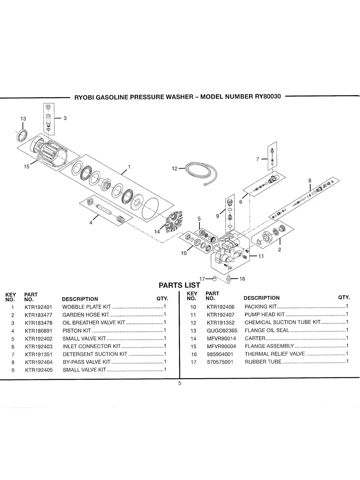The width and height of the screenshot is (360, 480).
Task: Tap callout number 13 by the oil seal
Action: [23, 119]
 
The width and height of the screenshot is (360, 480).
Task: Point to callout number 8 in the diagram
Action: [310, 180]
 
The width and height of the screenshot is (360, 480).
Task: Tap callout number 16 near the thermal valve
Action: [242, 279]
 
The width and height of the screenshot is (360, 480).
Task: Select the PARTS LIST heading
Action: [179, 285]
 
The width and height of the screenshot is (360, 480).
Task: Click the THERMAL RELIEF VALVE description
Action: [275, 354]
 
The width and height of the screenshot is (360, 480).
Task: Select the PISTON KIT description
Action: [77, 331]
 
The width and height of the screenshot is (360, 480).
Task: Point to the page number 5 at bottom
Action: [180, 383]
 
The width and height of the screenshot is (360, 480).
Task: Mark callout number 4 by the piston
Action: [91, 223]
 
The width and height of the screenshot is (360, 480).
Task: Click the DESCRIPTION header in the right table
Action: [261, 298]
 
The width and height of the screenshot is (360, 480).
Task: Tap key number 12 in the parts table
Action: [194, 323]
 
